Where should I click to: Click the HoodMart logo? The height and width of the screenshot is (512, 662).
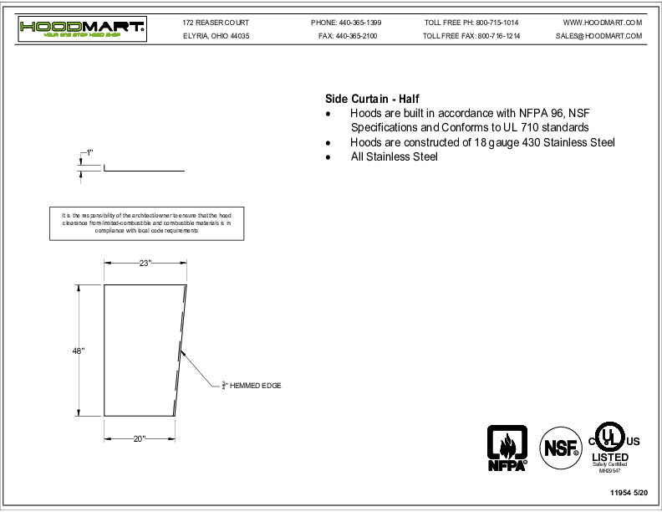(83, 30)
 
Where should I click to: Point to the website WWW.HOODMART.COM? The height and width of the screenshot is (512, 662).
(603, 22)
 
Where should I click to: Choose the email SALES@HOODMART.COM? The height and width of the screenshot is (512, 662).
(598, 37)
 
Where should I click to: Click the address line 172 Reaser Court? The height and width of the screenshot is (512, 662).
(215, 22)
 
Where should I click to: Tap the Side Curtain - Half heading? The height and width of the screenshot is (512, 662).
(366, 98)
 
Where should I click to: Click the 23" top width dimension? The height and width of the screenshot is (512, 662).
(145, 263)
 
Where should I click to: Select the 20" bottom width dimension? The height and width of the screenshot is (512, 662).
(139, 438)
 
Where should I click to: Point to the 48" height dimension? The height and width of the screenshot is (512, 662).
(78, 351)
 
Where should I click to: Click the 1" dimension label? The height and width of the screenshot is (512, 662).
(89, 153)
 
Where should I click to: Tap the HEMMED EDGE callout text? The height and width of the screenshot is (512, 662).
(252, 386)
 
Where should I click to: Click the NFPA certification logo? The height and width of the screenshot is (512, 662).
(508, 448)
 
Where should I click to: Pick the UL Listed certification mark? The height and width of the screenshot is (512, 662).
(614, 447)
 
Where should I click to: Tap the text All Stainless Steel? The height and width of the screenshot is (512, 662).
(394, 156)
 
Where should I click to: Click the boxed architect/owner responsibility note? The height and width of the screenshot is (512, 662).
(146, 223)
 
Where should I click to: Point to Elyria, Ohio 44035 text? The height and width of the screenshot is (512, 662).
(216, 37)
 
